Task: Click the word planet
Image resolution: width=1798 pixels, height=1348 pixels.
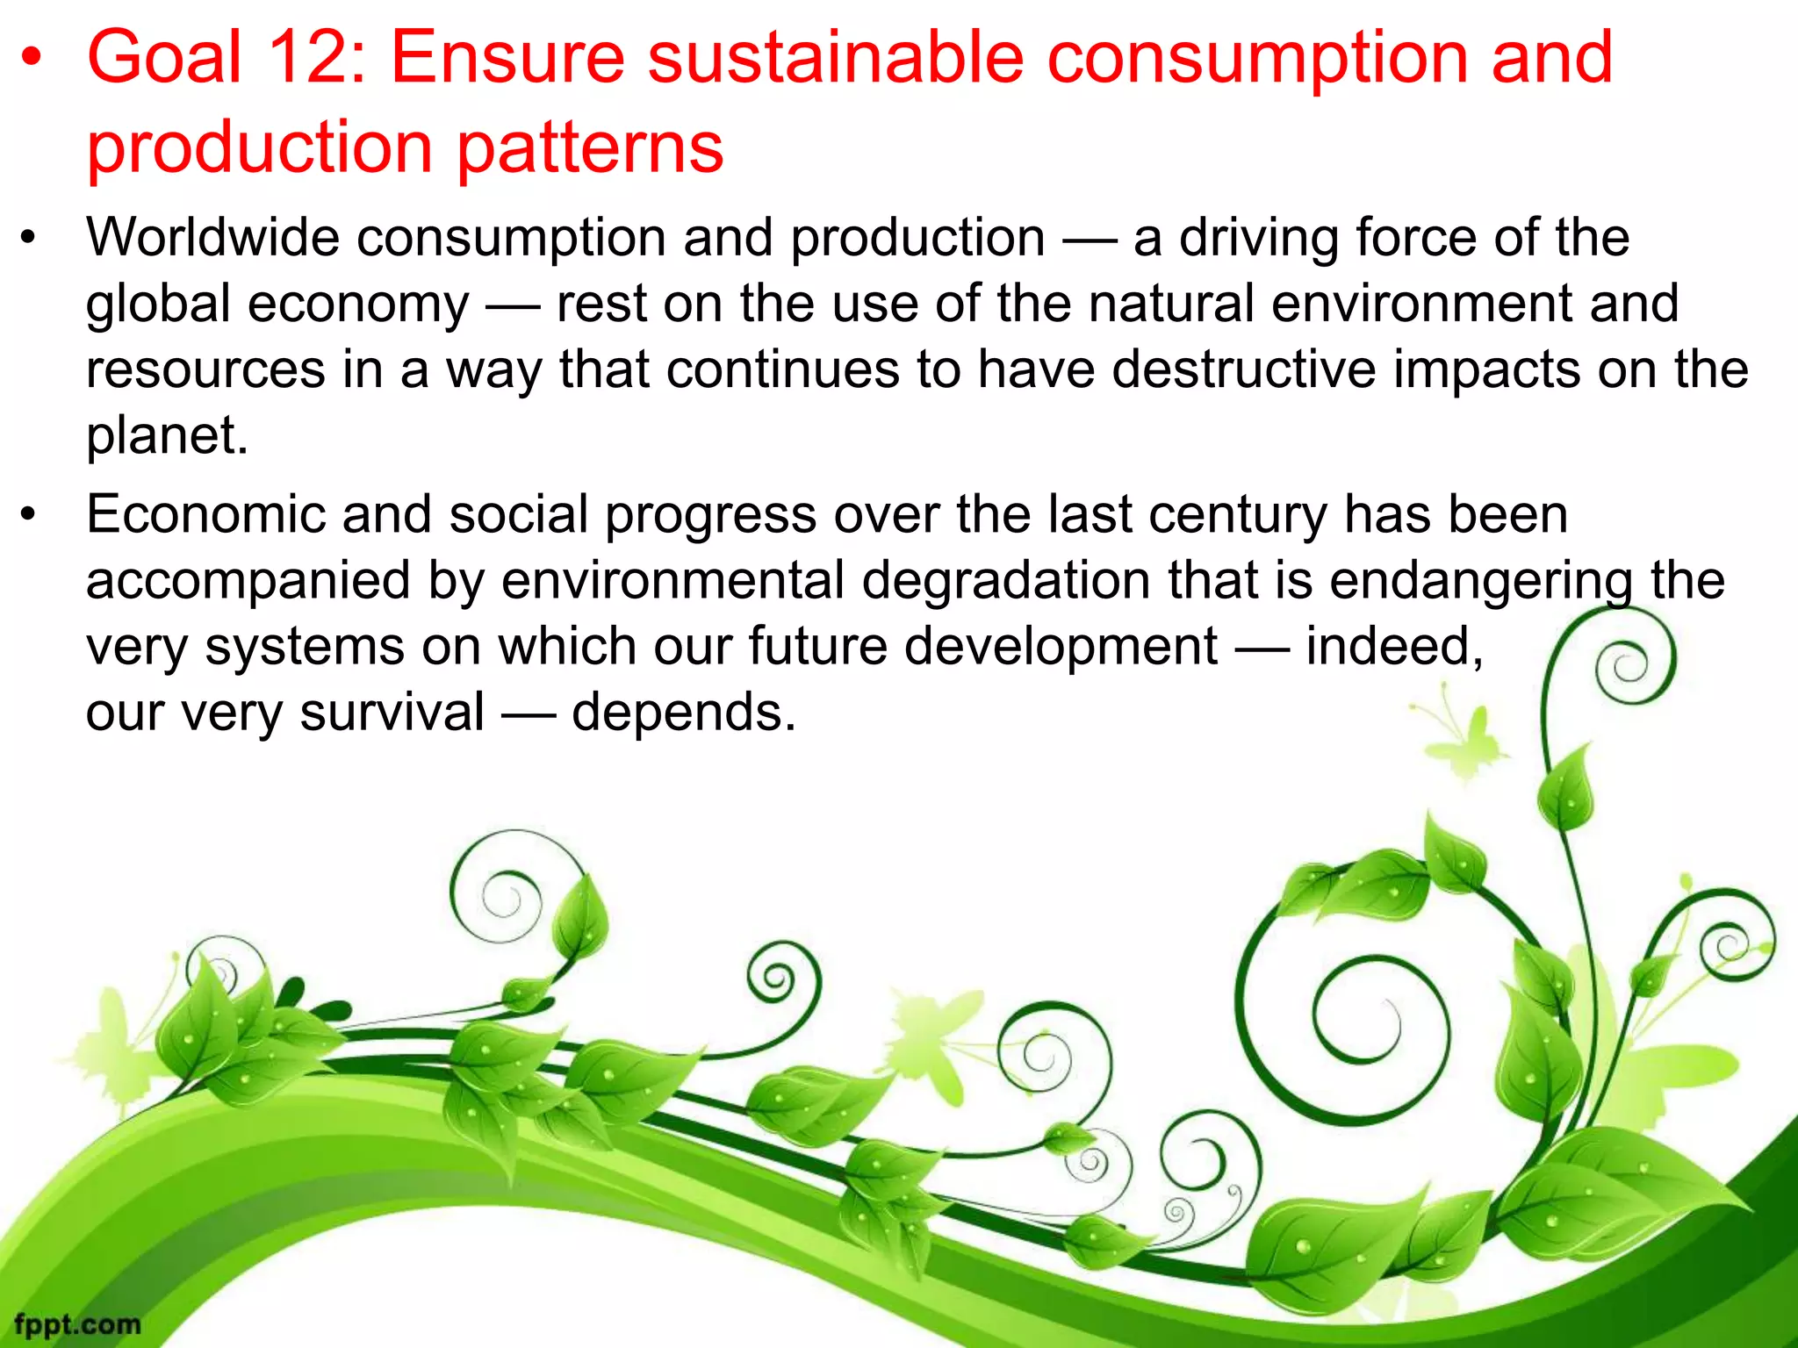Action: (x=167, y=436)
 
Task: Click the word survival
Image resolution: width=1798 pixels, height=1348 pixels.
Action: (x=392, y=712)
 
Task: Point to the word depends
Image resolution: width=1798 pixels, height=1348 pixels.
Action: (x=683, y=712)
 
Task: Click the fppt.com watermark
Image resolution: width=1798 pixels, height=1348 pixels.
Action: (x=77, y=1323)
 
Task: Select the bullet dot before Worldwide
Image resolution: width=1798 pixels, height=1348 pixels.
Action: (x=29, y=239)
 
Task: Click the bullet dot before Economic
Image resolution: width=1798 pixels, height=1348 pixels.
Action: (x=29, y=515)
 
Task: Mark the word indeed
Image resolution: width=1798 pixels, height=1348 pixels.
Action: (x=1394, y=647)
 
